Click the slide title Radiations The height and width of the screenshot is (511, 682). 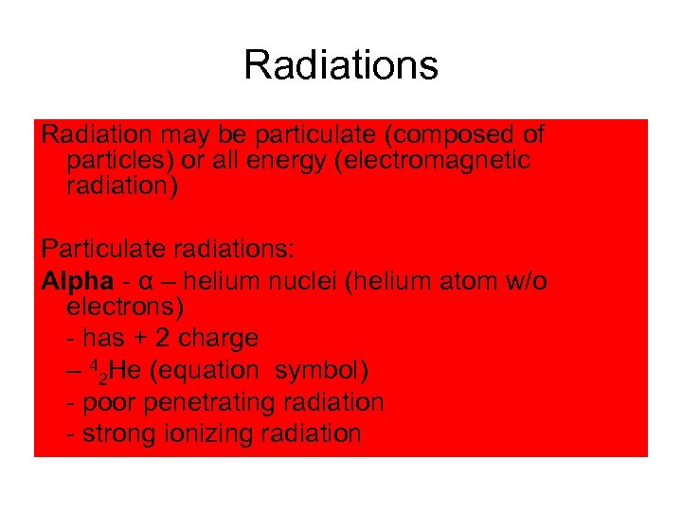coord(341,66)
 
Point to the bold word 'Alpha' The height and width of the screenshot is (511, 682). coord(73,282)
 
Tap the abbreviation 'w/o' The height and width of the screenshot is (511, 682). coord(526,282)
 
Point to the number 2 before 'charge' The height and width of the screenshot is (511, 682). coord(162,338)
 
